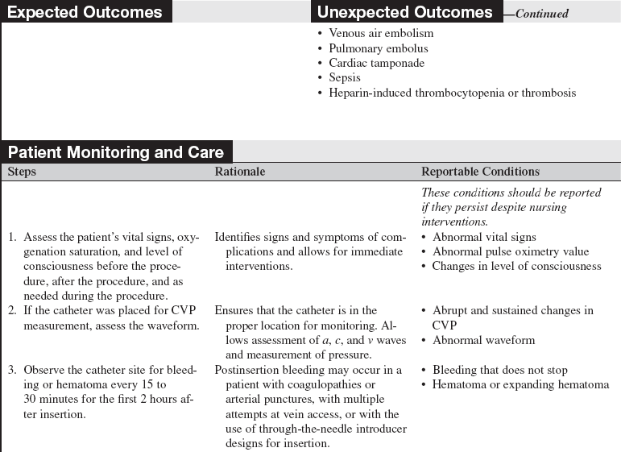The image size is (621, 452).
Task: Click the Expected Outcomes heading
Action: coord(85,12)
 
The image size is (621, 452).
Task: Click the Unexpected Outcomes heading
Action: coord(404,12)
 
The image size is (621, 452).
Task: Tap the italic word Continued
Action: coord(541,14)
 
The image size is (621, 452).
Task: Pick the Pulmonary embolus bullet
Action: coord(379,48)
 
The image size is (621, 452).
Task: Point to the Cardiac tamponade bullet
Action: coord(376,63)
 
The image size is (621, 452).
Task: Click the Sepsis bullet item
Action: coord(345,78)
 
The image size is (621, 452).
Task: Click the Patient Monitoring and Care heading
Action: coord(118,152)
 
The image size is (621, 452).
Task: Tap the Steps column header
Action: coord(22,172)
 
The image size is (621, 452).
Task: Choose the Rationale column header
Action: coord(239,172)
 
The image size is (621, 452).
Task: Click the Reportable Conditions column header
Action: coord(480,172)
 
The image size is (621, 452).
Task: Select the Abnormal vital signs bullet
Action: coord(484,238)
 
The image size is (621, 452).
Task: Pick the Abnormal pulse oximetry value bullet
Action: coord(511,252)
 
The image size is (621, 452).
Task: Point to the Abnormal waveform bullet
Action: coord(483,340)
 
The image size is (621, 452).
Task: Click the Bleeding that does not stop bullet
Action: coord(499,370)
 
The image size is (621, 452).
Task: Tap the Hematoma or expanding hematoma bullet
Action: coord(520,384)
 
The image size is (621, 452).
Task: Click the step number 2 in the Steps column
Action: coord(12,311)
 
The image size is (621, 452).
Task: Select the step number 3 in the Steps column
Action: coord(12,370)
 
